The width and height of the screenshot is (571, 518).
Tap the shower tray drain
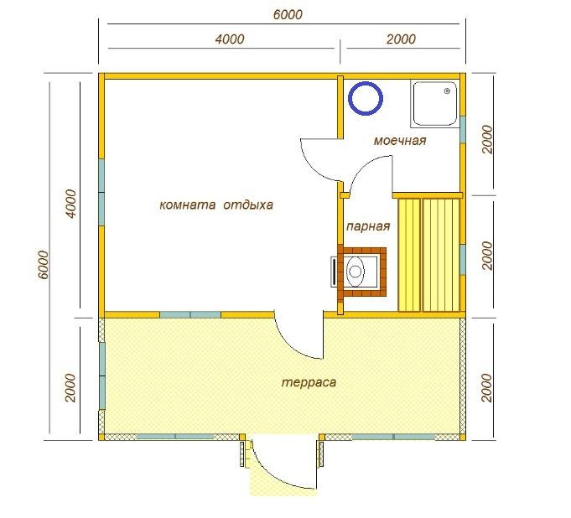(x=447, y=91)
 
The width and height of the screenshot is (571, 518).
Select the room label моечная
(x=400, y=141)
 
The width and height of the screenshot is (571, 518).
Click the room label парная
(x=368, y=226)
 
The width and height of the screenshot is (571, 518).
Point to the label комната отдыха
(x=216, y=205)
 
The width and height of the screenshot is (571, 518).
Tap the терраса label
(x=309, y=382)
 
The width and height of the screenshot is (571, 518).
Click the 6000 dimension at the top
(x=288, y=14)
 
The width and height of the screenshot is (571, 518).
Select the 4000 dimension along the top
(x=230, y=39)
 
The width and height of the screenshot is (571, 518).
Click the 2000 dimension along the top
(x=401, y=39)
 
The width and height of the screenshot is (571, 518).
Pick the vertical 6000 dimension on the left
(x=43, y=265)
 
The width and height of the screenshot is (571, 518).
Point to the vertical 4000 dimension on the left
(x=70, y=204)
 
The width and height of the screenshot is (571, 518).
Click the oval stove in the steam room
(x=355, y=272)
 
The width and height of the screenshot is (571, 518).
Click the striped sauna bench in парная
(x=428, y=255)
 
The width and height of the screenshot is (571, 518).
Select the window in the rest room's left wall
(x=101, y=192)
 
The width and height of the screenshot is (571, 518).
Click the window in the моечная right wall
(x=463, y=130)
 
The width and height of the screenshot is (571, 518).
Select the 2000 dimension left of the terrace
(x=70, y=387)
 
